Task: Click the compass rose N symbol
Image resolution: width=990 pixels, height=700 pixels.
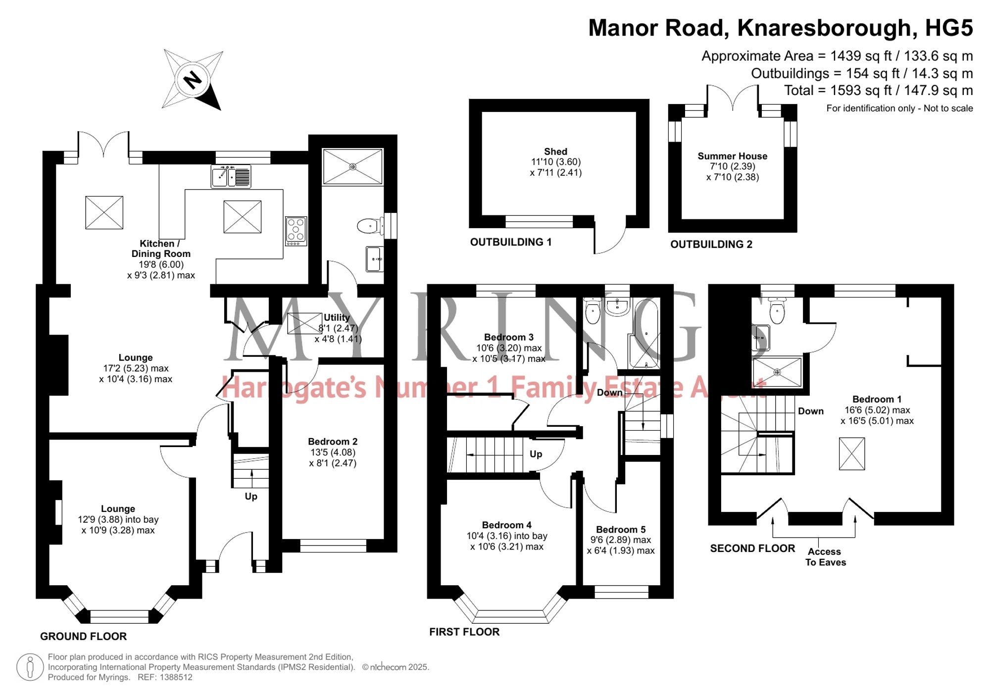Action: pyautogui.click(x=193, y=79)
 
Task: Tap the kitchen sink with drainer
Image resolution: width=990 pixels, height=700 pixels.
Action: pyautogui.click(x=231, y=177)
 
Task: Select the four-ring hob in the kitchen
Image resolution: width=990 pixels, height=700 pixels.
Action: pyautogui.click(x=296, y=231)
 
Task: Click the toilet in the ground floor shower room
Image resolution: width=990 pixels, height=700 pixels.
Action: pyautogui.click(x=370, y=226)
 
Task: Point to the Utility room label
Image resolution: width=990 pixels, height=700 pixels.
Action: pyautogui.click(x=337, y=317)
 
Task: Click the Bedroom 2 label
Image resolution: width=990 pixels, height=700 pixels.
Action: pyautogui.click(x=333, y=442)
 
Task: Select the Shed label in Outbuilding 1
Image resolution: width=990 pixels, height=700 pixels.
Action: pyautogui.click(x=555, y=151)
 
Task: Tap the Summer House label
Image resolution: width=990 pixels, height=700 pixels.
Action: pyautogui.click(x=733, y=156)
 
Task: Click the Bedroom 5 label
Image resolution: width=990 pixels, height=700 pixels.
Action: pyautogui.click(x=621, y=530)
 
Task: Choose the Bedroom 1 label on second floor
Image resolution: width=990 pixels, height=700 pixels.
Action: pyautogui.click(x=877, y=400)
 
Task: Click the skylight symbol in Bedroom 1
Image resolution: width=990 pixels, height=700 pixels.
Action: pyautogui.click(x=852, y=453)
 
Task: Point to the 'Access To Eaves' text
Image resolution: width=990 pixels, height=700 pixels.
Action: pyautogui.click(x=825, y=557)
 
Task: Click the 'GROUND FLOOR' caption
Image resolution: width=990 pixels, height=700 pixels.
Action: pyautogui.click(x=83, y=637)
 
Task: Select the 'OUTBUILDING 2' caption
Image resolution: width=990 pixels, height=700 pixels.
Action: pyautogui.click(x=711, y=245)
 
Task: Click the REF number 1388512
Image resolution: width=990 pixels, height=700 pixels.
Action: pyautogui.click(x=176, y=677)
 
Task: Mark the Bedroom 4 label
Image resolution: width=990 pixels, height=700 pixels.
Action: pyautogui.click(x=507, y=525)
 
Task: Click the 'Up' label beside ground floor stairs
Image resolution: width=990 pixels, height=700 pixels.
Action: pyautogui.click(x=251, y=497)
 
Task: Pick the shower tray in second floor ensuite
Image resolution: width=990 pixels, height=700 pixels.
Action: pyautogui.click(x=777, y=372)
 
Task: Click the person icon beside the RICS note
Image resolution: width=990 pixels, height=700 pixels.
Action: pyautogui.click(x=30, y=667)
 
